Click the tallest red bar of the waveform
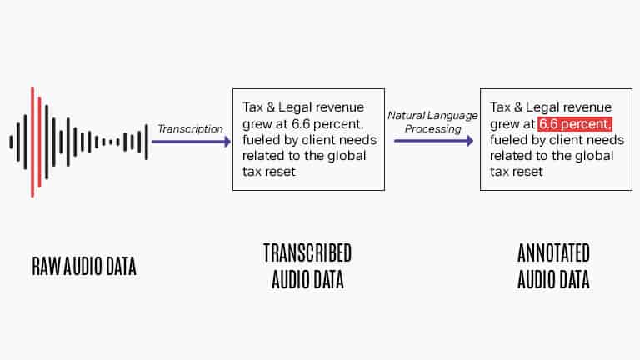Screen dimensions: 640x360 click(x=32, y=142)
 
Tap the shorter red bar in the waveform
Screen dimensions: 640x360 click(x=40, y=142)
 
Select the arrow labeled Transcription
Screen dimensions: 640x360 click(x=191, y=142)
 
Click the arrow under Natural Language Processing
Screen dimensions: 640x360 click(x=434, y=141)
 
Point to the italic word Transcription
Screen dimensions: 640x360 click(x=190, y=129)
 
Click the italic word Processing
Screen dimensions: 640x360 click(x=433, y=129)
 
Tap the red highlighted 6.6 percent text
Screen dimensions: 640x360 click(x=575, y=124)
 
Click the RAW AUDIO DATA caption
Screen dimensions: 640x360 click(x=84, y=266)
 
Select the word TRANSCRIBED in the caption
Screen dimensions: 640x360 click(x=307, y=253)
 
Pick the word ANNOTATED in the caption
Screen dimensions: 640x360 click(x=553, y=253)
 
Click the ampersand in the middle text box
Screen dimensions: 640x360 click(x=271, y=107)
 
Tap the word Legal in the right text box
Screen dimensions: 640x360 click(x=542, y=107)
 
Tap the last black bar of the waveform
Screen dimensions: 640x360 click(x=146, y=142)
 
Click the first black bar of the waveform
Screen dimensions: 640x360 click(x=11, y=142)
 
